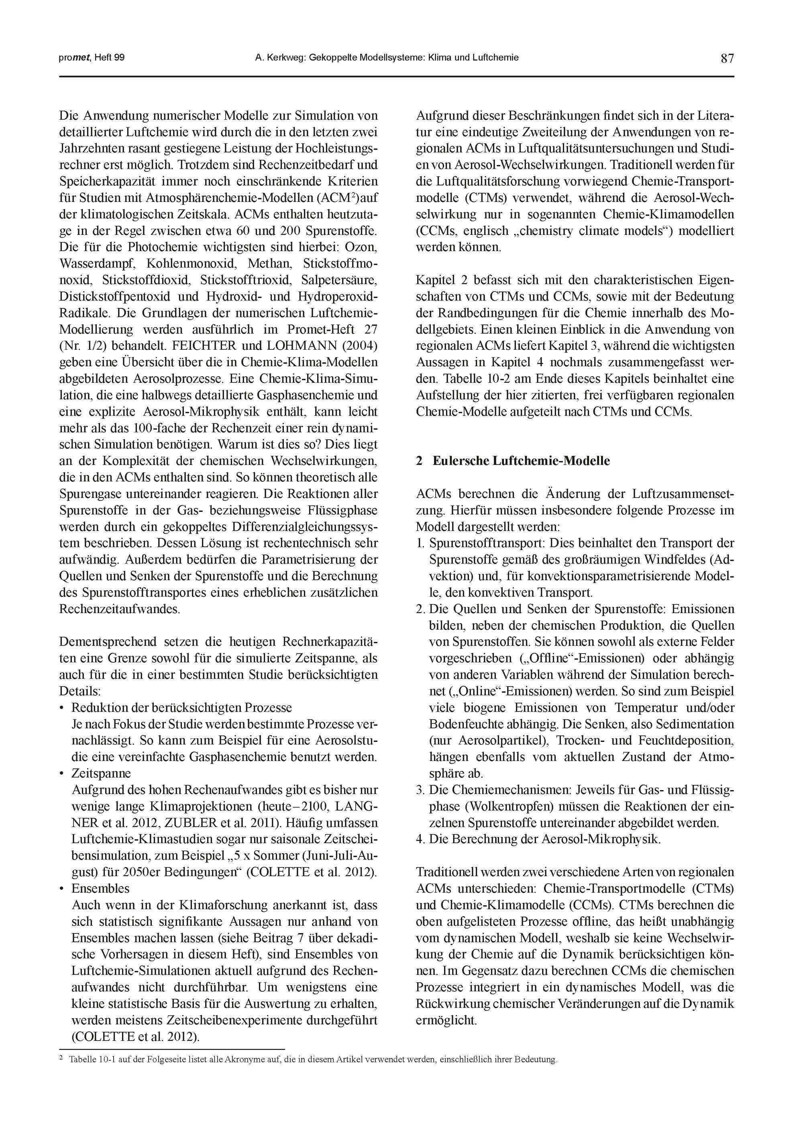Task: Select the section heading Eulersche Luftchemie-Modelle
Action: (x=521, y=461)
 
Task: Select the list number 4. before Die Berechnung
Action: (x=421, y=839)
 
